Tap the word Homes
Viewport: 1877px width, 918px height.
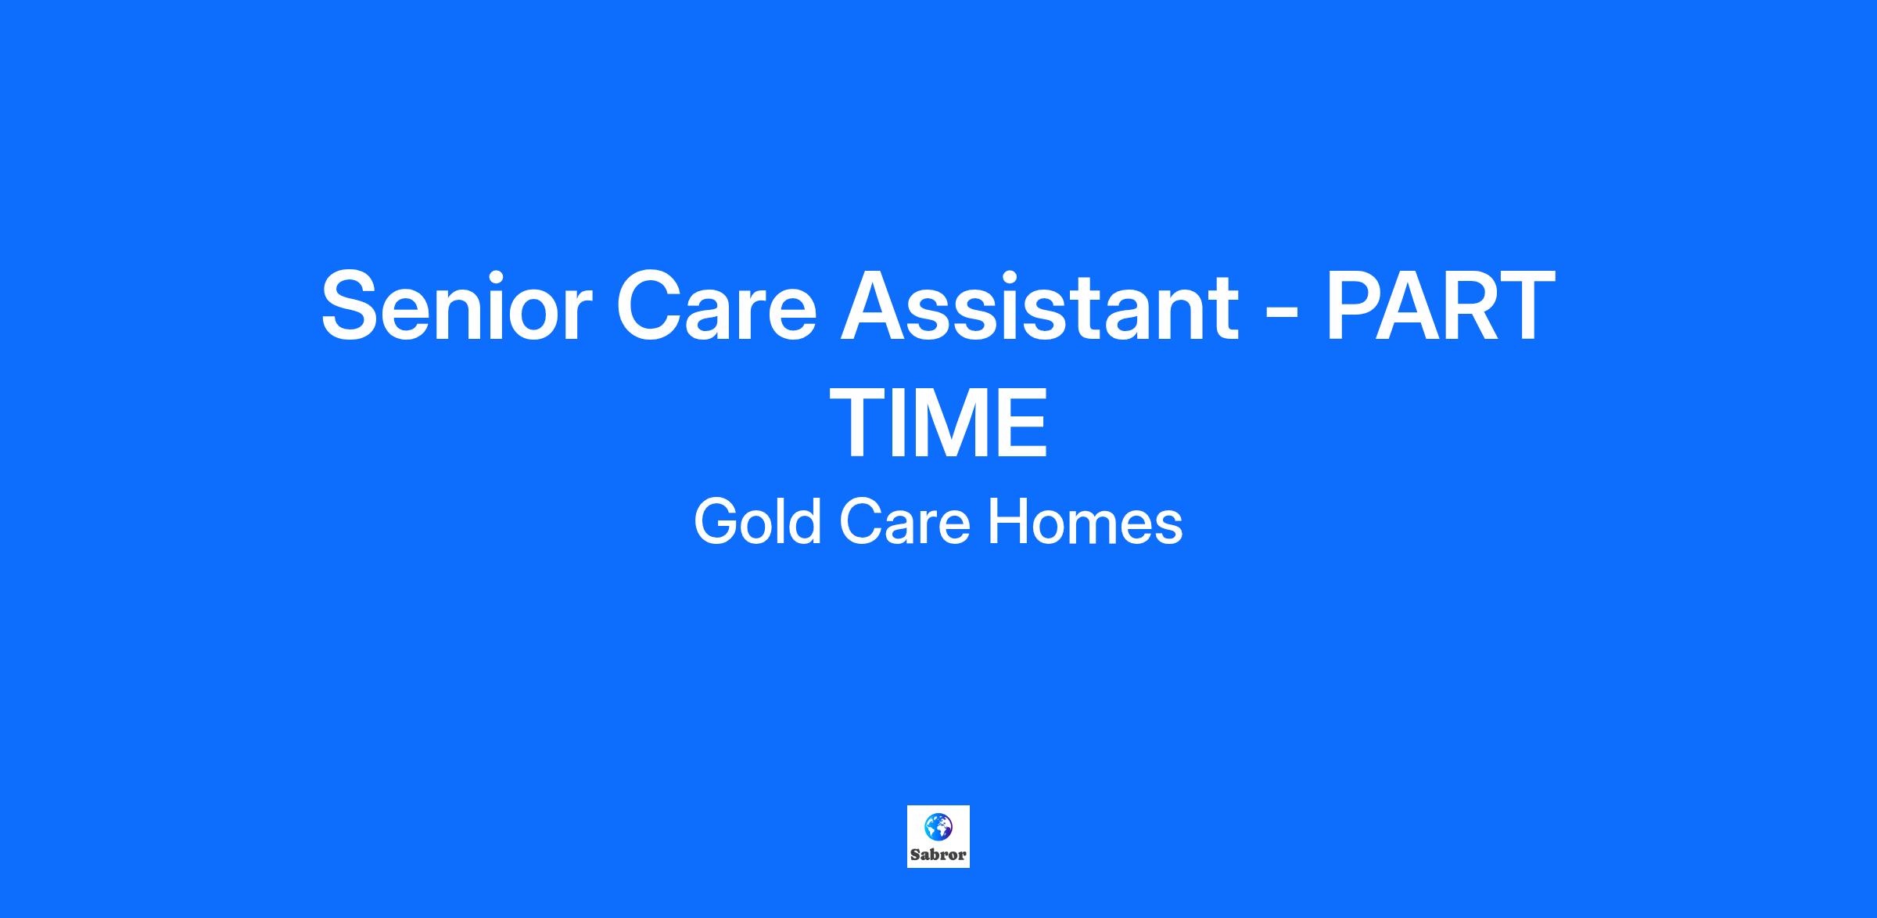[1086, 522]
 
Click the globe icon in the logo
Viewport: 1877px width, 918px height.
[938, 826]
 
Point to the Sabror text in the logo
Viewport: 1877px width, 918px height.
[938, 855]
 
